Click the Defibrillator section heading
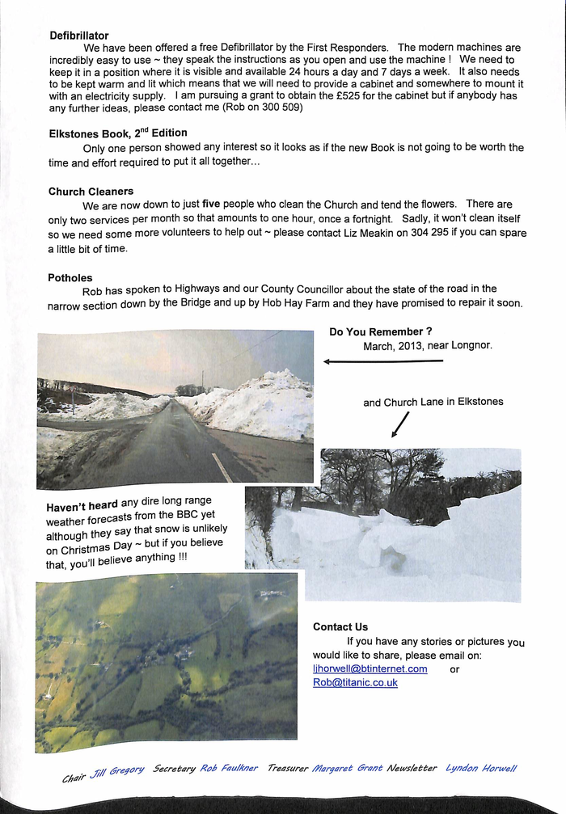(78, 36)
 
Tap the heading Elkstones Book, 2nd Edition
(117, 133)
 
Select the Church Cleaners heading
(91, 192)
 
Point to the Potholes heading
(70, 277)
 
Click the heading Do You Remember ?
(380, 332)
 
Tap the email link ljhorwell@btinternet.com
(370, 668)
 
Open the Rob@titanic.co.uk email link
(355, 682)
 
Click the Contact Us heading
(340, 626)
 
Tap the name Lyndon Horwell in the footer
(481, 768)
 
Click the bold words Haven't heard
(82, 507)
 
